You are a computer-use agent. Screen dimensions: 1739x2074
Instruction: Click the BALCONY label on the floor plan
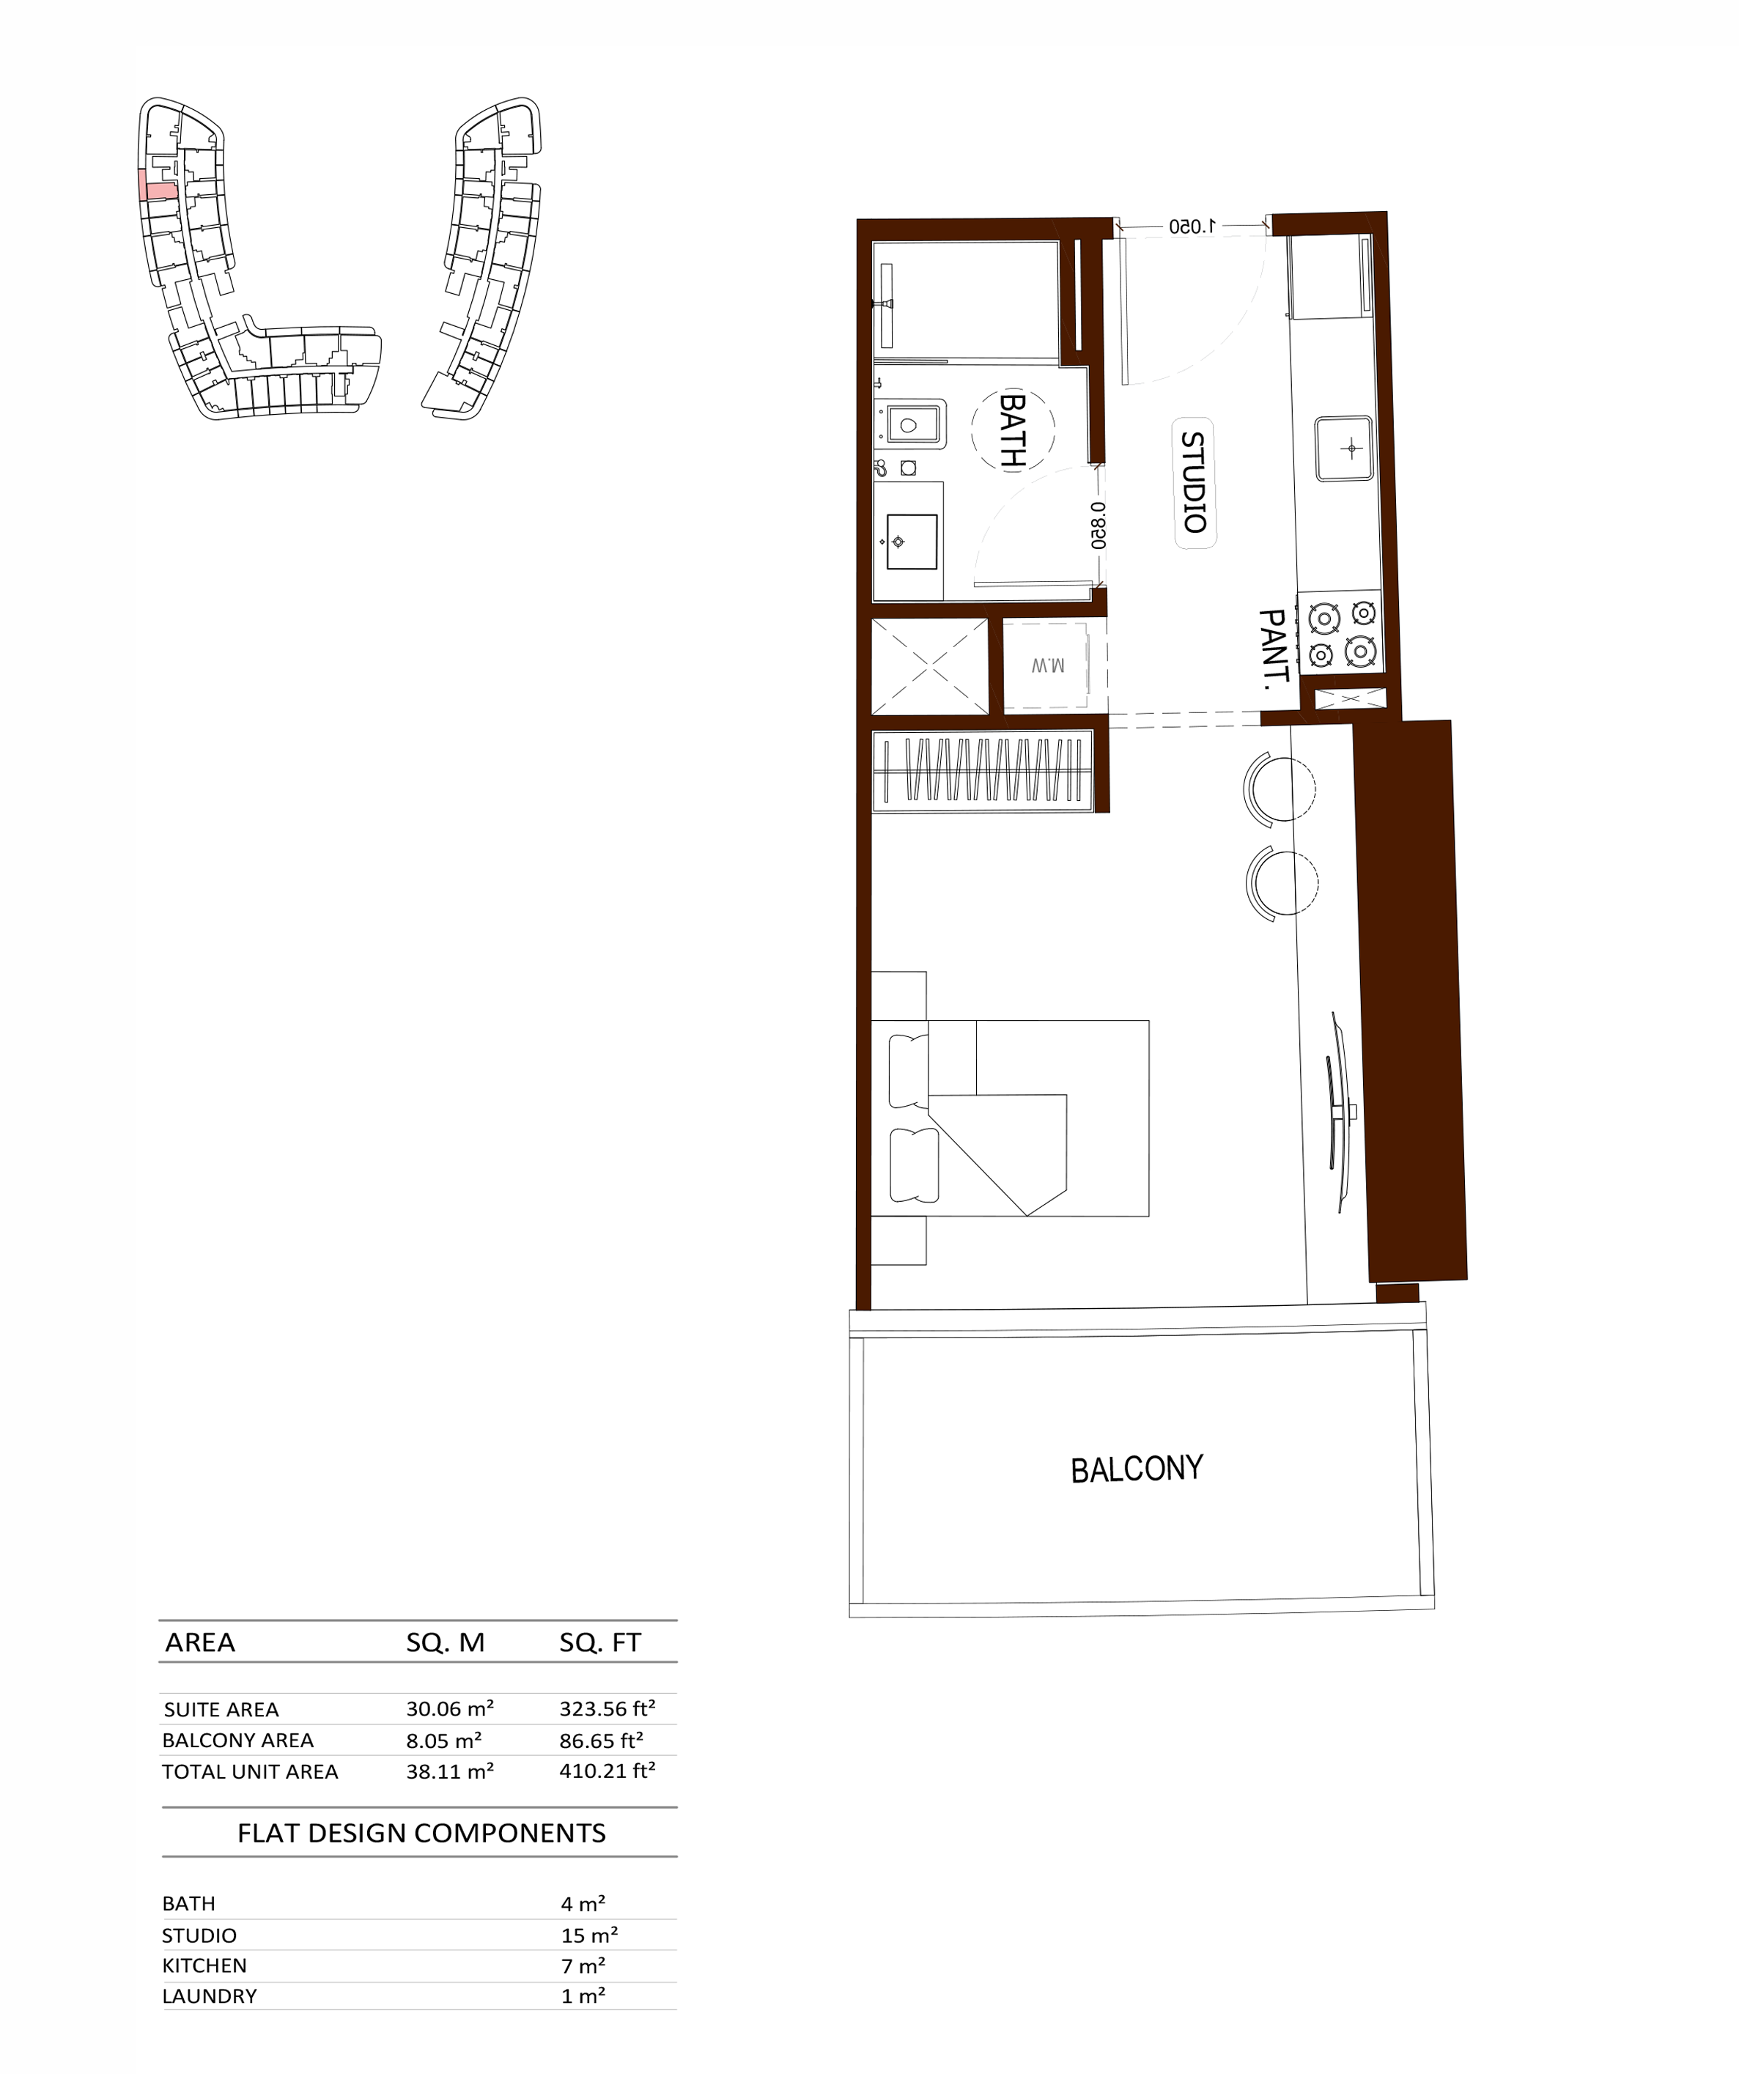pyautogui.click(x=1137, y=1469)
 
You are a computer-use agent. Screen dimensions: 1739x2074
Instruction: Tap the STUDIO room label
pyautogui.click(x=1194, y=483)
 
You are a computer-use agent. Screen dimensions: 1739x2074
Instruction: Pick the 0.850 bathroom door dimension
pyautogui.click(x=1098, y=525)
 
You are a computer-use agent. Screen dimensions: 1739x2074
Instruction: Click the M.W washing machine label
pyautogui.click(x=1048, y=665)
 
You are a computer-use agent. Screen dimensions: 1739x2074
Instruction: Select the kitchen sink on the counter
pyautogui.click(x=1344, y=449)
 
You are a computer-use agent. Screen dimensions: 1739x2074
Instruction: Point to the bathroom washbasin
pyautogui.click(x=912, y=541)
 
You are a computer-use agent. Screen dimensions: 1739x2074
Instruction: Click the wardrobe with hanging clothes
pyautogui.click(x=983, y=770)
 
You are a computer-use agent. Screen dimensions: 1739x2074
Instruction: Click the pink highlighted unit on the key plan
pyautogui.click(x=158, y=185)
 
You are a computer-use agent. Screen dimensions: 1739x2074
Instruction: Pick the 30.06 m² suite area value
pyautogui.click(x=450, y=1708)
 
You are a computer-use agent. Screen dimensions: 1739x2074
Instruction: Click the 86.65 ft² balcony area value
pyautogui.click(x=602, y=1741)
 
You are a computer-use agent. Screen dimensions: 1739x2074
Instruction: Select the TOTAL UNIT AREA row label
pyautogui.click(x=250, y=1772)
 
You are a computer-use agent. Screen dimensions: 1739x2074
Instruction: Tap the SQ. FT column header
pyautogui.click(x=600, y=1642)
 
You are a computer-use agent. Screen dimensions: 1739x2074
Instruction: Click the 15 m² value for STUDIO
pyautogui.click(x=589, y=1935)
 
